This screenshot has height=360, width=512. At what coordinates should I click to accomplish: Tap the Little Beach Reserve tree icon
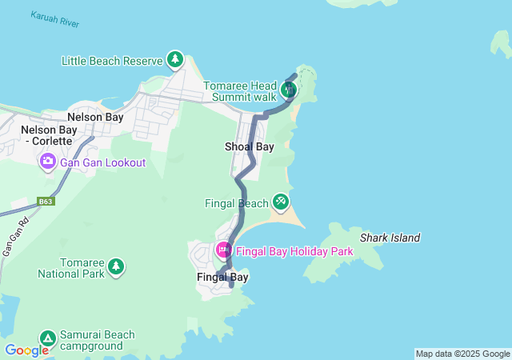coord(174,59)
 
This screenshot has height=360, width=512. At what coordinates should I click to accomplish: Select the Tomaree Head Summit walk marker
coord(288,90)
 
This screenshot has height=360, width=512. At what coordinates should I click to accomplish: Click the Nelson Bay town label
coord(95,117)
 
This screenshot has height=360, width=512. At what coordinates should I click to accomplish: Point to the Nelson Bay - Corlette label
coord(46,135)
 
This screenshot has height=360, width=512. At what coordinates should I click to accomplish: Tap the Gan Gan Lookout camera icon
coord(47,162)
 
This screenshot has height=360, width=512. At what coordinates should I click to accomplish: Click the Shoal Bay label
coord(250,146)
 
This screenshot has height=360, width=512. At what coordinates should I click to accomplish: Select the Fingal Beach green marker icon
coord(280,202)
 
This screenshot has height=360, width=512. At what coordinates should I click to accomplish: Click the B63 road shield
coord(46,202)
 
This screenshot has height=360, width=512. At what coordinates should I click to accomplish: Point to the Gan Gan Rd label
coord(10,239)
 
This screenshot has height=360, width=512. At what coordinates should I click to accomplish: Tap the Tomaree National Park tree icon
coord(116,266)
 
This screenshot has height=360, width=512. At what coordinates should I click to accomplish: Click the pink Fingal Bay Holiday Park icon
coord(223,250)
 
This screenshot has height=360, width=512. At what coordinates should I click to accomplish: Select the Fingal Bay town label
coord(222,277)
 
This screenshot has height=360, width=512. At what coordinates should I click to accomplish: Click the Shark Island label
coord(390,238)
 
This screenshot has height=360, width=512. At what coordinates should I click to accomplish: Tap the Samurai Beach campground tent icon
coord(47,339)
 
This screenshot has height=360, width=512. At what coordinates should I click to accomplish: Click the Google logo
coord(26,350)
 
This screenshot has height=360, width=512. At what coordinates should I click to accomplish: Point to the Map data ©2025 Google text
coord(462,354)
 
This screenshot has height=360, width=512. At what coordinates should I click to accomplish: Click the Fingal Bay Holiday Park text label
coord(294,251)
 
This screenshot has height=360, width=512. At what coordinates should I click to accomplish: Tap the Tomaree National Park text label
coord(71,267)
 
